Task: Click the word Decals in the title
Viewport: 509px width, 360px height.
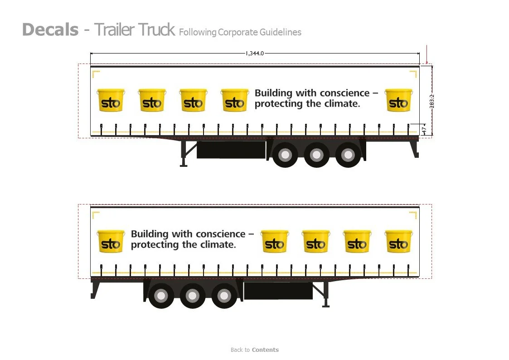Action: [x=50, y=30]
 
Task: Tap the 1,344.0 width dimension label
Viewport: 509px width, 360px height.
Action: [x=254, y=54]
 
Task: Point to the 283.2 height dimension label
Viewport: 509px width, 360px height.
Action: [x=431, y=101]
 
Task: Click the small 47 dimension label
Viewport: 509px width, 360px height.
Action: [x=424, y=130]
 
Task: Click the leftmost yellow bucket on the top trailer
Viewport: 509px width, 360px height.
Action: [x=111, y=100]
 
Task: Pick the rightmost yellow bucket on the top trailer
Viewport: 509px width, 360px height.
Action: [x=398, y=100]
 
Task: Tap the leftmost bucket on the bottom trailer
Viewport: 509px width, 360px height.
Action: [x=111, y=241]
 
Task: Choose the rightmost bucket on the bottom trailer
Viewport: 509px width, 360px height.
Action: [x=398, y=241]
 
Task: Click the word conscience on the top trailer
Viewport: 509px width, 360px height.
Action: [x=345, y=93]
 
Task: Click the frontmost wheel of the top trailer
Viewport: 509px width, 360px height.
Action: [x=285, y=155]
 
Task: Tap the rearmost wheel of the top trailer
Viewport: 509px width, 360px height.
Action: [x=348, y=155]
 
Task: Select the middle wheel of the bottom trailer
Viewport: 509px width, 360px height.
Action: [x=193, y=296]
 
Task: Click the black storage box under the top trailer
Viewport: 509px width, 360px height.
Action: [x=231, y=150]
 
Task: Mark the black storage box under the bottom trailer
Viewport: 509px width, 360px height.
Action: [x=278, y=291]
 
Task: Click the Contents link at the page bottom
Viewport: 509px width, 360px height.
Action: [x=265, y=350]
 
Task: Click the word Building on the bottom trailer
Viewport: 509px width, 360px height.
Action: [x=150, y=234]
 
